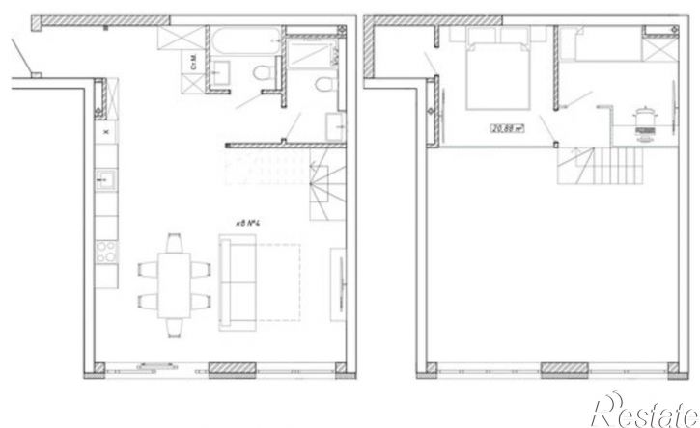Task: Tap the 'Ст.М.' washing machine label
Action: (195, 64)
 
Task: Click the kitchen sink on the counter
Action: (105, 178)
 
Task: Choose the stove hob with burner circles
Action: (105, 254)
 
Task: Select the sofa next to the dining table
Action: (238, 280)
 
